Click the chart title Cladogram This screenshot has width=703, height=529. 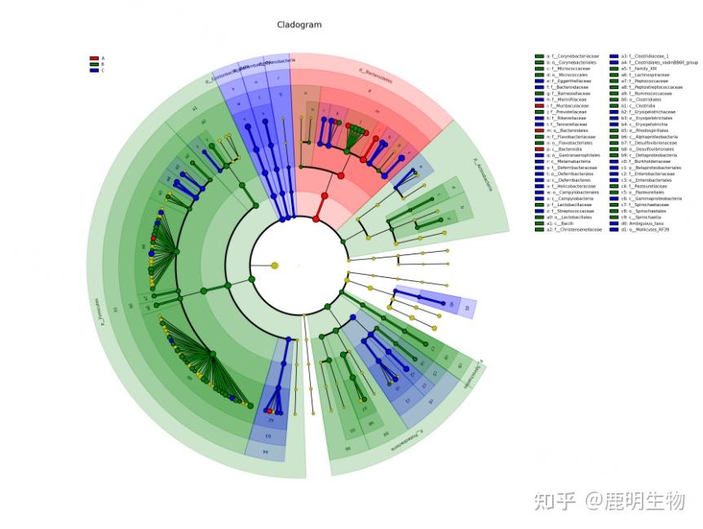(299, 24)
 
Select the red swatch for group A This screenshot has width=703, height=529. (94, 59)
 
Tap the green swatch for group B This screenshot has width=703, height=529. (94, 64)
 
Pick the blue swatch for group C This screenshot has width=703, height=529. (94, 70)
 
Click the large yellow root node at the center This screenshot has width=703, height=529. (274, 265)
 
